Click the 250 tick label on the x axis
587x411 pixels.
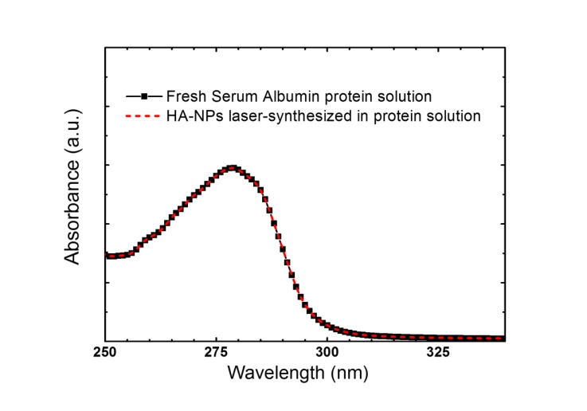(x=106, y=351)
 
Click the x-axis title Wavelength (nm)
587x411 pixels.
(x=298, y=372)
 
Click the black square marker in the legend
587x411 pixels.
(x=144, y=97)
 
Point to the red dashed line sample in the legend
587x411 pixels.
(x=143, y=116)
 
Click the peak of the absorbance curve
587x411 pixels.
(x=232, y=167)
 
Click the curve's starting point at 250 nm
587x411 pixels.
(x=107, y=256)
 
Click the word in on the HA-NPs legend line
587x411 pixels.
(x=360, y=116)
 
